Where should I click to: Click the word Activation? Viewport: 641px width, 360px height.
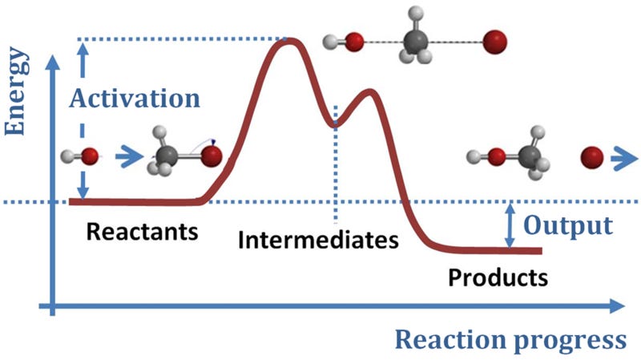tap(134, 98)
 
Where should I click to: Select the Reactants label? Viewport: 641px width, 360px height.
tap(141, 233)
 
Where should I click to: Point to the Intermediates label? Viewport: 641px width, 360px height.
tap(318, 239)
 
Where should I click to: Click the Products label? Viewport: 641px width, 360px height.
tap(498, 277)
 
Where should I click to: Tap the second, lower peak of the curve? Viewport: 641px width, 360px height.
tap(369, 92)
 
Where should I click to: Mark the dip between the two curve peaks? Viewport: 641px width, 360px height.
tap(336, 123)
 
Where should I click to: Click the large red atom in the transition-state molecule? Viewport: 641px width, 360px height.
tap(496, 39)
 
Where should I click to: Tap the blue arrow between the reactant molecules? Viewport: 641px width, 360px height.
tap(126, 157)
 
